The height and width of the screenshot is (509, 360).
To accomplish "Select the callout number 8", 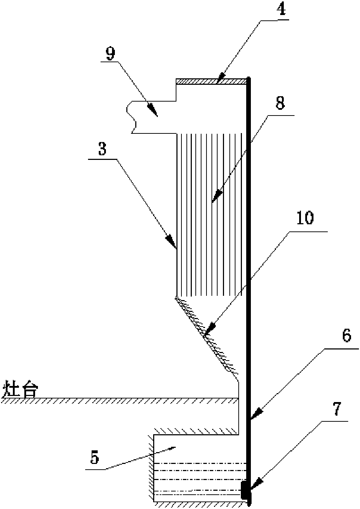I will (x=280, y=104).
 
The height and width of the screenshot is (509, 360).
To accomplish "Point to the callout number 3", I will (x=103, y=149).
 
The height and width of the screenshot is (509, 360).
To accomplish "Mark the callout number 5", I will (x=94, y=458).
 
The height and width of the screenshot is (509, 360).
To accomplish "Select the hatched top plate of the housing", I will (x=211, y=82).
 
